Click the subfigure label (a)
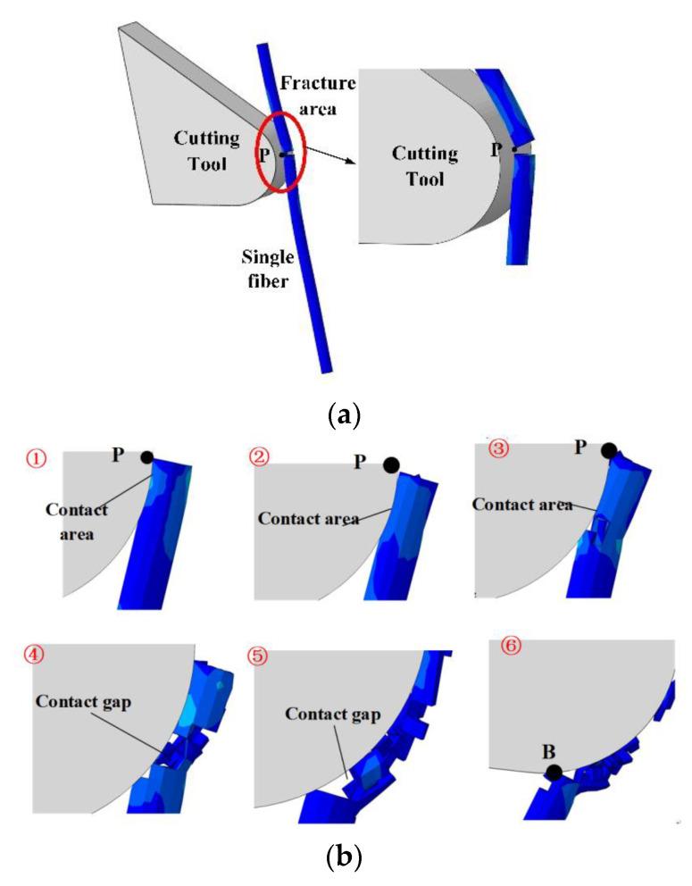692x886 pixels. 345,414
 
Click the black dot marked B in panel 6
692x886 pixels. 554,772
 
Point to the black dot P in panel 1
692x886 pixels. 146,457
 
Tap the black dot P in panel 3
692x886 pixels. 609,451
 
